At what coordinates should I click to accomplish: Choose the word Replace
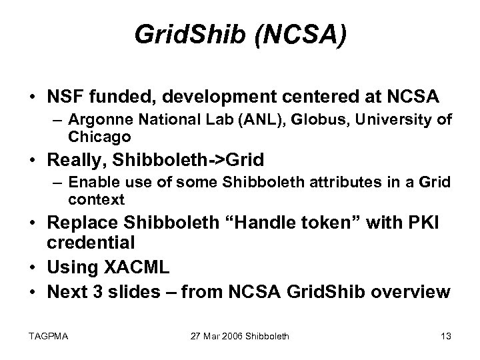point(81,224)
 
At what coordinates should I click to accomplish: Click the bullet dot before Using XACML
point(31,269)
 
